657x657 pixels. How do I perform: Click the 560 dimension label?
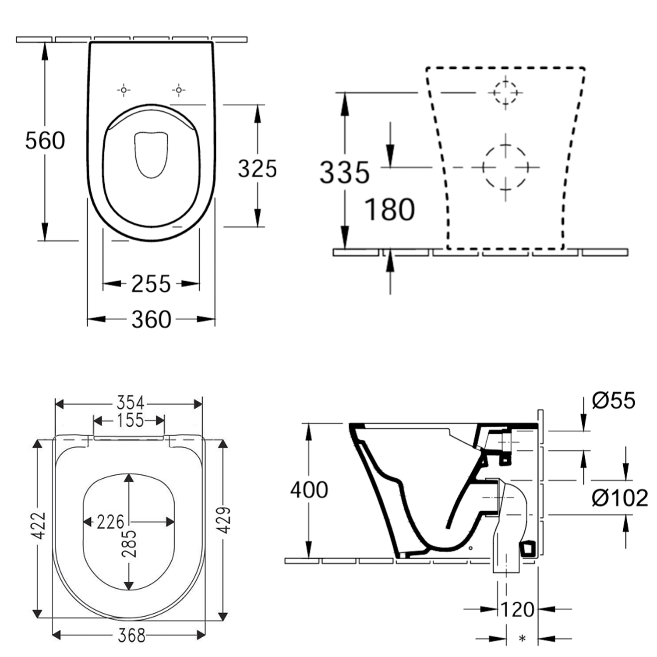(45, 141)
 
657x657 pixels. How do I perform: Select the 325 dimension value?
(257, 169)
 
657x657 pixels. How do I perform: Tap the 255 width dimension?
(151, 284)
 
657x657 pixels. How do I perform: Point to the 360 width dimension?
(151, 319)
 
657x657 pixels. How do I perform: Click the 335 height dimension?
(344, 172)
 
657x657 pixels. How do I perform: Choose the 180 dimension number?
(389, 209)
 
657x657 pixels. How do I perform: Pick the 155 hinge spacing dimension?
(130, 420)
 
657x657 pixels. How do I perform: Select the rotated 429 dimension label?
(224, 520)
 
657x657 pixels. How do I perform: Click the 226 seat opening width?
(110, 522)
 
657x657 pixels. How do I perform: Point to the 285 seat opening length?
(129, 544)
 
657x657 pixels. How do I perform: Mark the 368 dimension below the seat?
(131, 635)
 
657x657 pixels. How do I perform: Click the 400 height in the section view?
(309, 490)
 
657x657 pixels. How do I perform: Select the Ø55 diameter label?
(613, 400)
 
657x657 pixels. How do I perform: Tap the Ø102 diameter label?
(619, 498)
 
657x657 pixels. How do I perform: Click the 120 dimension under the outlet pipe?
(517, 609)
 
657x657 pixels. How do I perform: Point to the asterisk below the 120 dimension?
(522, 639)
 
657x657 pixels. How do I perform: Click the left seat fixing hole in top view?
(124, 90)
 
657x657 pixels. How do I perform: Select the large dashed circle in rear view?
(505, 167)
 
